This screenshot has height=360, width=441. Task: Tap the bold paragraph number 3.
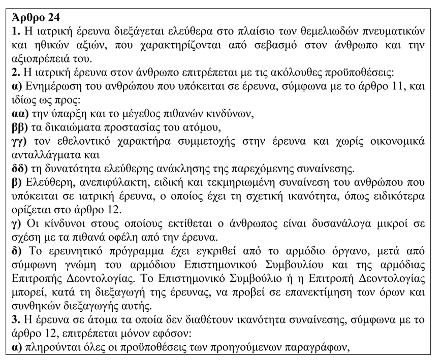point(15,321)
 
